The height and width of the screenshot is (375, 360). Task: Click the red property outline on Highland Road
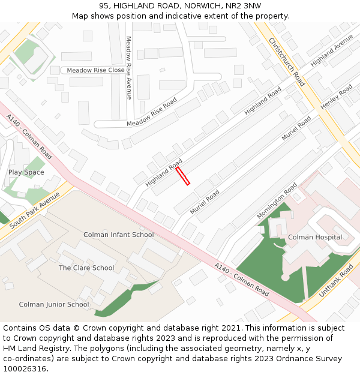(183, 176)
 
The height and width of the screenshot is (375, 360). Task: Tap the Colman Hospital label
(315, 237)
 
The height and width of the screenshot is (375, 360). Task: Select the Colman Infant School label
(118, 235)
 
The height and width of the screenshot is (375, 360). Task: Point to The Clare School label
(86, 268)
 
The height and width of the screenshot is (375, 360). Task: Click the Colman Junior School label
(54, 304)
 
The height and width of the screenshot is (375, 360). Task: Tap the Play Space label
(26, 172)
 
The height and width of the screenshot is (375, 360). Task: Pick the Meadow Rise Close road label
(96, 70)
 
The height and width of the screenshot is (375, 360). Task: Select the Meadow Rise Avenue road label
(128, 68)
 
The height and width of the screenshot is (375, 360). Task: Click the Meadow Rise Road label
(152, 112)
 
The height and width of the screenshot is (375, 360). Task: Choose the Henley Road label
(336, 97)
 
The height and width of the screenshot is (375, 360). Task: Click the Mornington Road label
(277, 201)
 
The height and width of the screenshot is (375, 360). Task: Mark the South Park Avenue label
(35, 209)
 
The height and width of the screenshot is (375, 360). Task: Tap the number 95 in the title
(104, 5)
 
